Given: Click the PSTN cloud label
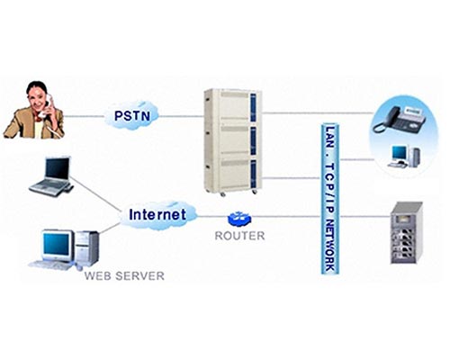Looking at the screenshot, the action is click(x=132, y=116).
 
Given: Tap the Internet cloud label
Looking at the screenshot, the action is click(x=157, y=214).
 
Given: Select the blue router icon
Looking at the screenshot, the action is click(x=239, y=219).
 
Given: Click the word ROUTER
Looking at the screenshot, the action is click(x=239, y=236).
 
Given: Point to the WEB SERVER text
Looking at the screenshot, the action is click(x=124, y=276).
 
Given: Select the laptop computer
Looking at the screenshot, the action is click(x=51, y=176).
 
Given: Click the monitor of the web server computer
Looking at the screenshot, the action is click(x=57, y=245).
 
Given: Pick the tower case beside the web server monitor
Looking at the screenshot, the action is click(x=86, y=248).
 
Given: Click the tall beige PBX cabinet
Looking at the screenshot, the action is click(x=233, y=141).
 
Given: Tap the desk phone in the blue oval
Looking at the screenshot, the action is click(x=399, y=120).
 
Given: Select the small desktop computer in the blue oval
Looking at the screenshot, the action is click(x=404, y=156).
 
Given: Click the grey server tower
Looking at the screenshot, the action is click(x=406, y=233).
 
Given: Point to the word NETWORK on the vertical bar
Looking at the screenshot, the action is click(x=330, y=245).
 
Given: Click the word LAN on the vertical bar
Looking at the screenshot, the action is click(x=330, y=137).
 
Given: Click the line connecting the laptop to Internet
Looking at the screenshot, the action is click(x=96, y=194).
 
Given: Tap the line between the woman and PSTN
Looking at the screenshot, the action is click(x=84, y=116).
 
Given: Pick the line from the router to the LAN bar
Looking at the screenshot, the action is click(x=285, y=216).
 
